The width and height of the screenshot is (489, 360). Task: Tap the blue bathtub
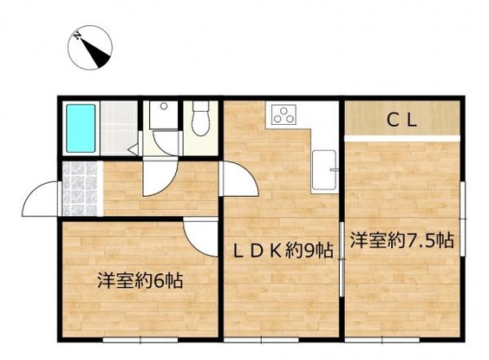click(x=82, y=128)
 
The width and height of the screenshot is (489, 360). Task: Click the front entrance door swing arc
click(x=40, y=200)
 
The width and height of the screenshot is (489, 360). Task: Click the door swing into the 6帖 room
click(x=199, y=235)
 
